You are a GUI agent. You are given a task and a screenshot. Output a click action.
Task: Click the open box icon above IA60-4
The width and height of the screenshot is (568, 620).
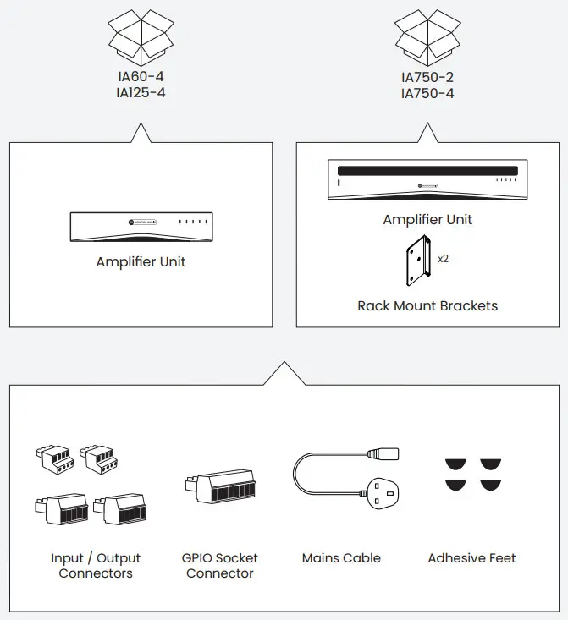(141, 34)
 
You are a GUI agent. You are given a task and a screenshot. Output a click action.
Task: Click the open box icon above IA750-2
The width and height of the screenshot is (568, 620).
(427, 34)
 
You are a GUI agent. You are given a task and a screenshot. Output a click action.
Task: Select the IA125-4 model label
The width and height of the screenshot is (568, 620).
(141, 92)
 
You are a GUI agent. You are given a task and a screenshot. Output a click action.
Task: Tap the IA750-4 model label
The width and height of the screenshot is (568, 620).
(427, 93)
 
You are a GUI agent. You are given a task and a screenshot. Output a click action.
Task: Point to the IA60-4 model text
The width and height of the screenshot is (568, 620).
(141, 77)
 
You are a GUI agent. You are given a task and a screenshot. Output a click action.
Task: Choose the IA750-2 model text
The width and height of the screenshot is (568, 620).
(427, 77)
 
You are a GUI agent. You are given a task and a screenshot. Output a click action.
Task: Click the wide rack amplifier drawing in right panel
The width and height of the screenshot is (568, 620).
(427, 180)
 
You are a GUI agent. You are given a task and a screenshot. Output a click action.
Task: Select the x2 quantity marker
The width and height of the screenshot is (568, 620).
(443, 258)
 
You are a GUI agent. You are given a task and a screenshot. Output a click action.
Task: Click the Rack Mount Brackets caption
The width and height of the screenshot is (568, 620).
(427, 305)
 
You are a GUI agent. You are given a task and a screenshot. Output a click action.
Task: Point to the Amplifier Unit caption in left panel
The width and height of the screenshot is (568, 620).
(141, 262)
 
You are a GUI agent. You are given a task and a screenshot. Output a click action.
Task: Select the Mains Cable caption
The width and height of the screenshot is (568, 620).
(341, 558)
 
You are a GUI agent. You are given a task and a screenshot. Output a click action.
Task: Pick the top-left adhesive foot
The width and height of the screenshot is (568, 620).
(455, 464)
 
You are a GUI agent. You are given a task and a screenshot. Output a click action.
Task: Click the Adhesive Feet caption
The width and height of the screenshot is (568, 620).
(471, 558)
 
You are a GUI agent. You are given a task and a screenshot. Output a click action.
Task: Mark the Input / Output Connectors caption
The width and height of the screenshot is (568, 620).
(96, 566)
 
